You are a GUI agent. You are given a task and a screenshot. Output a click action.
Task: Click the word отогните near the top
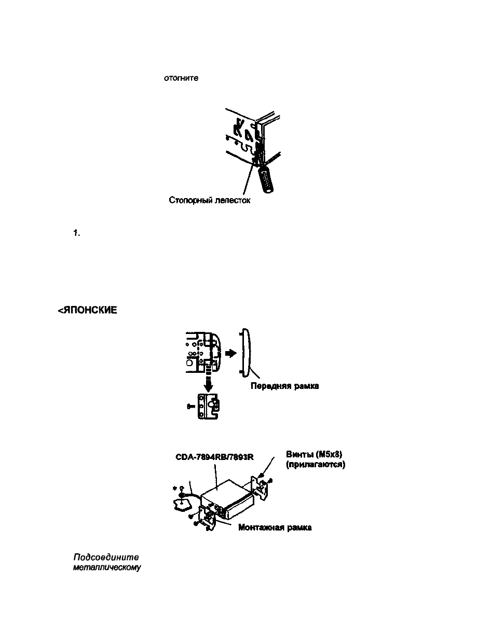point(181,78)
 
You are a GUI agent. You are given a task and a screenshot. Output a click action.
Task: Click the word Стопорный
point(190,200)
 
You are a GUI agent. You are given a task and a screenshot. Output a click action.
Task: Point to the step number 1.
point(78,234)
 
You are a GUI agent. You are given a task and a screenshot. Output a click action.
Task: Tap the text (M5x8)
point(330,455)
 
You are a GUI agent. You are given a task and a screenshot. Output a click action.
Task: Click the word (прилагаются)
point(316,464)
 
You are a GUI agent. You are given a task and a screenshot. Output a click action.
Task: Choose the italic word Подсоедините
point(106,557)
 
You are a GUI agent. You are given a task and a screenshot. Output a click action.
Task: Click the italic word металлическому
point(107,567)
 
